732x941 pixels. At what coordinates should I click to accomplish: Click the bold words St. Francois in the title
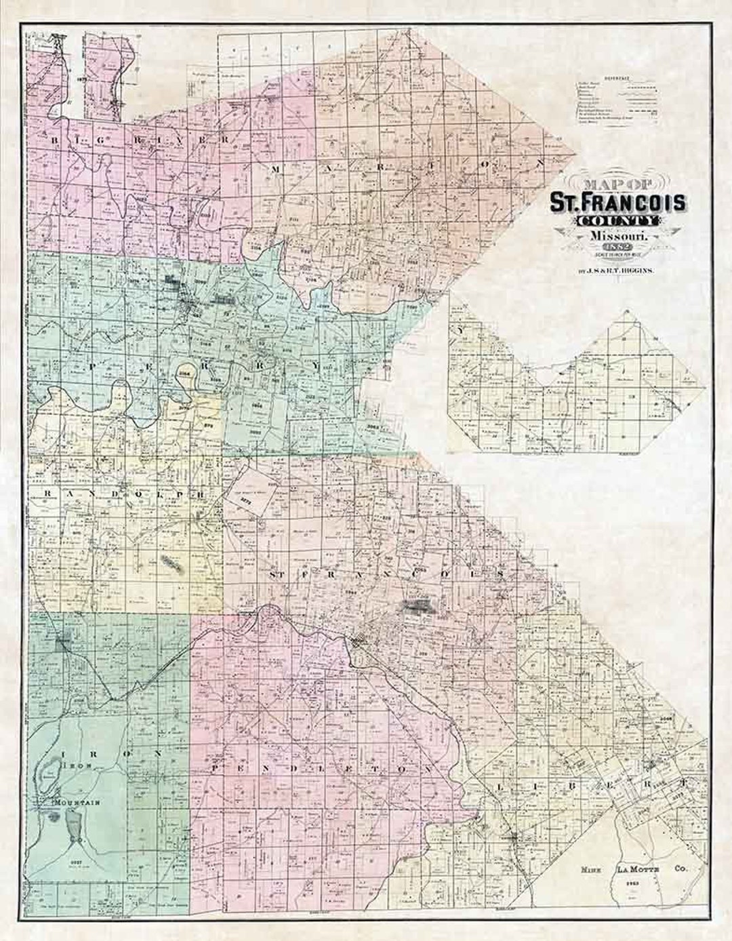(x=617, y=202)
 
